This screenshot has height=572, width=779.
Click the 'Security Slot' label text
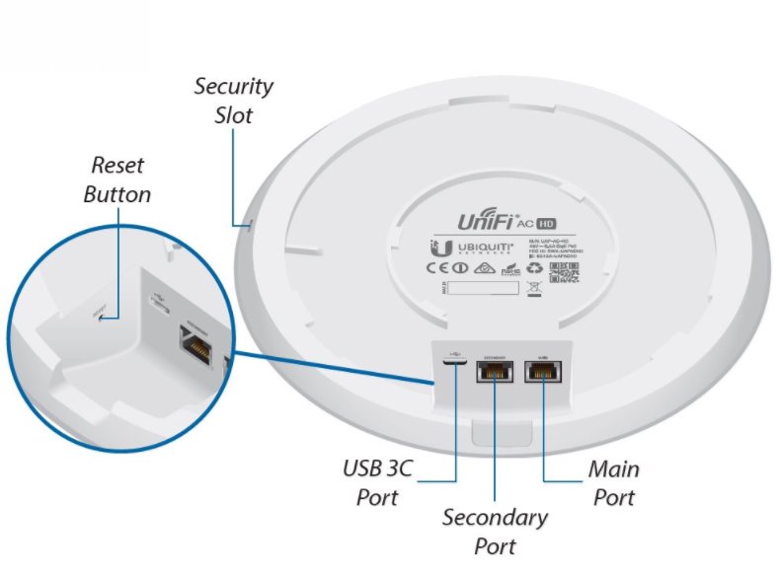point(233,100)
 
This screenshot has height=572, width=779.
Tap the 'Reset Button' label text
point(117,179)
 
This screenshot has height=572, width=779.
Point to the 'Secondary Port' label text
point(494,531)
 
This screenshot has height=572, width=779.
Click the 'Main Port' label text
point(613,481)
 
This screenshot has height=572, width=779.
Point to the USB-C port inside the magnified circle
point(158,299)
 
